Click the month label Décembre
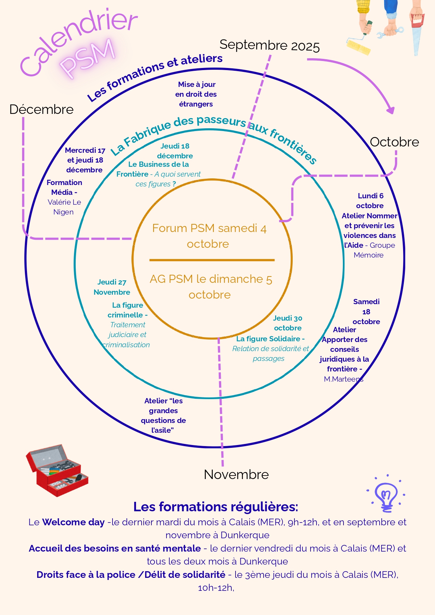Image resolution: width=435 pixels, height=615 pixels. click(x=41, y=109)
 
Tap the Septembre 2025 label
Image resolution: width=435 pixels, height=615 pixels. click(x=269, y=46)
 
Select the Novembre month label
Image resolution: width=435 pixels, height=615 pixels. click(x=236, y=474)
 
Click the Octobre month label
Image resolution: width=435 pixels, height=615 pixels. click(x=394, y=142)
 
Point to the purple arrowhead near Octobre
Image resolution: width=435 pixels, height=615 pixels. click(x=390, y=110)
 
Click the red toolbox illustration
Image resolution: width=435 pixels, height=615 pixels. click(x=57, y=470)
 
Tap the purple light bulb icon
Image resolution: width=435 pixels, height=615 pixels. click(x=386, y=494)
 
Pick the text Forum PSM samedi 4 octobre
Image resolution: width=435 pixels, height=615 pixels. click(x=209, y=236)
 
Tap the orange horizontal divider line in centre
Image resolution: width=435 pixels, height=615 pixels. click(x=212, y=260)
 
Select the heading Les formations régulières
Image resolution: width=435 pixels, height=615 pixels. click(x=216, y=507)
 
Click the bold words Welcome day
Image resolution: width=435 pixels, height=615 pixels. click(x=73, y=522)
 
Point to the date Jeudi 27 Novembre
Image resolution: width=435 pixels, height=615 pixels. click(x=112, y=287)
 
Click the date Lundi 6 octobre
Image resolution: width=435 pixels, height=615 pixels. click(x=370, y=201)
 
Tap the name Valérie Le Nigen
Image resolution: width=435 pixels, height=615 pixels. click(x=64, y=207)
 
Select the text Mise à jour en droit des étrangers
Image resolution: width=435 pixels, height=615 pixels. click(x=196, y=94)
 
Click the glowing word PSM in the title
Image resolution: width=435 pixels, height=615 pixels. click(x=88, y=58)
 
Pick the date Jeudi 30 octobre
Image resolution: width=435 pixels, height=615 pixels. click(x=288, y=323)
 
